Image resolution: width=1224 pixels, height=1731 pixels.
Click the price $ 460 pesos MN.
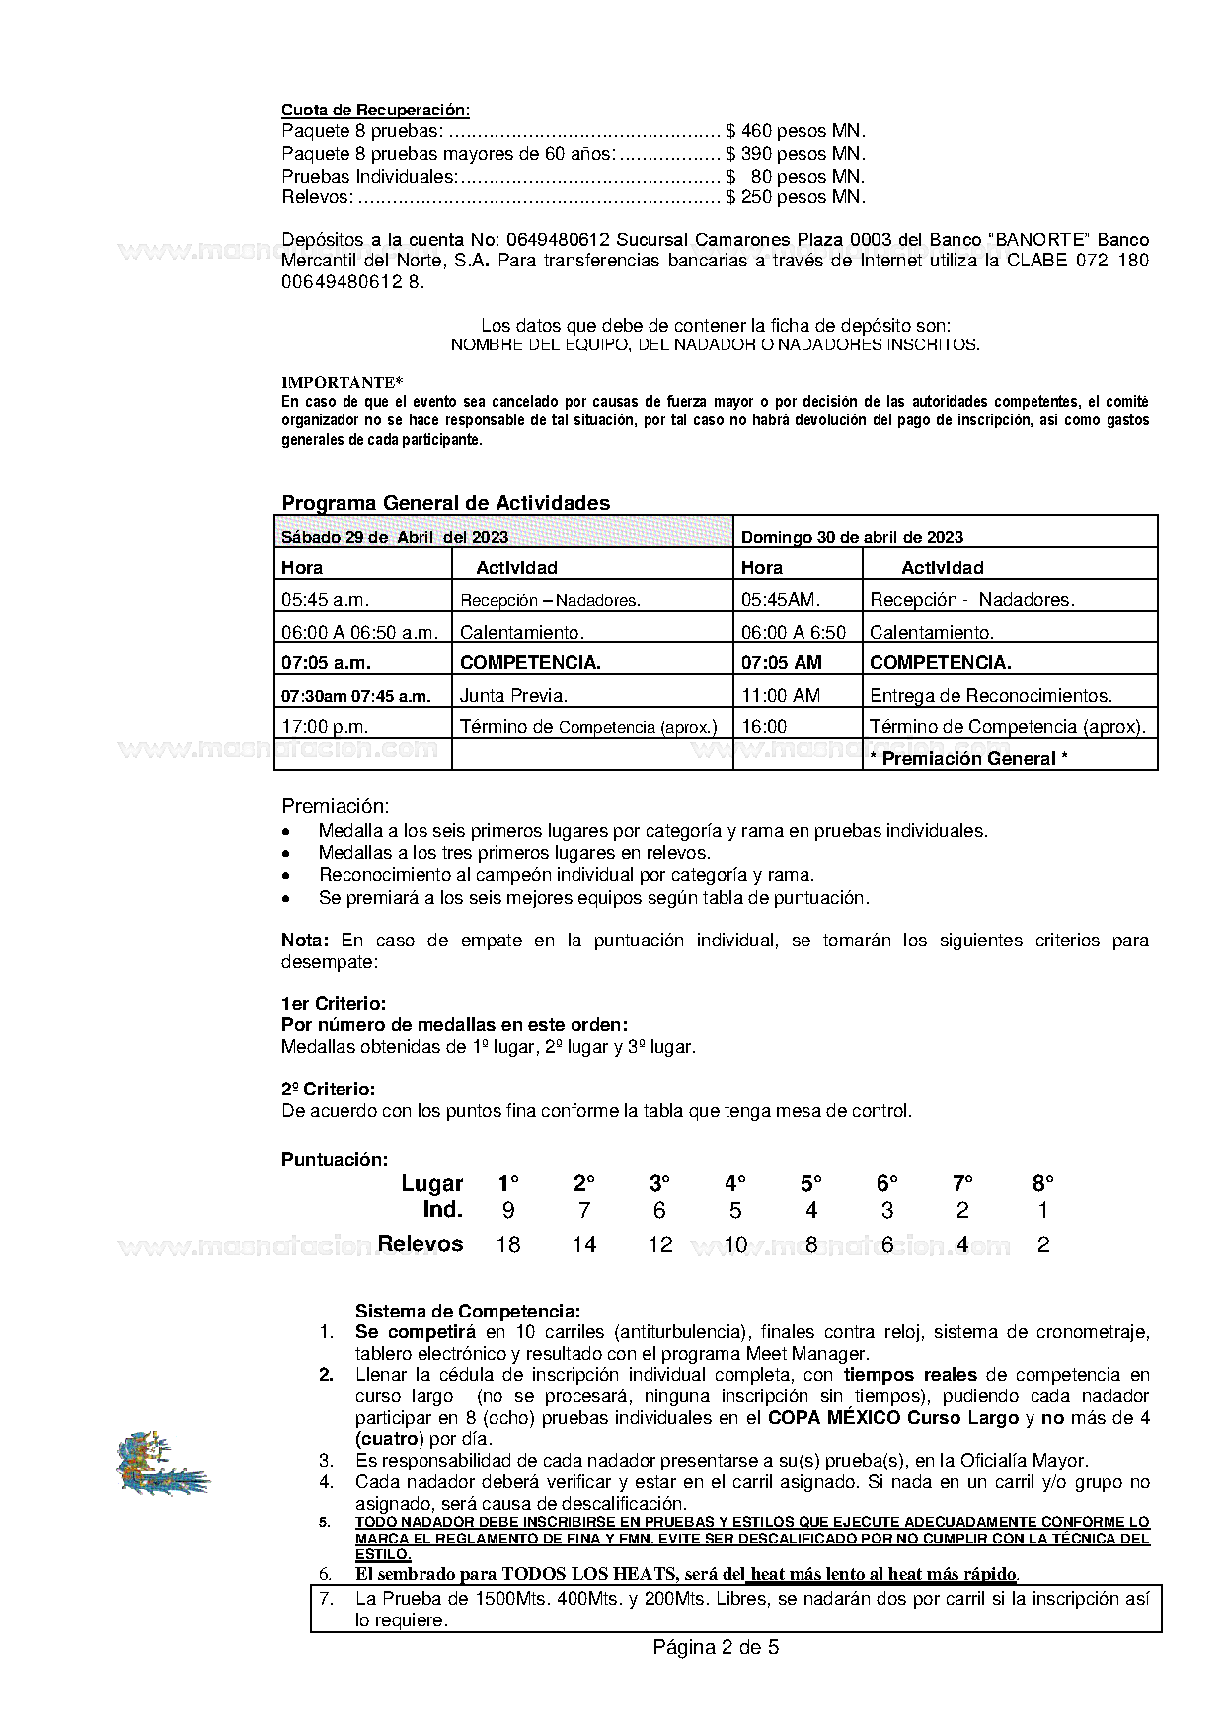795,131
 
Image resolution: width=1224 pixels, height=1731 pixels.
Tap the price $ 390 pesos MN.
795,154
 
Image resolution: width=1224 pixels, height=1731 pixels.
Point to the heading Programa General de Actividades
445,503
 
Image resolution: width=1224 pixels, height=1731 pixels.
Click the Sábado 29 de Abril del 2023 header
395,537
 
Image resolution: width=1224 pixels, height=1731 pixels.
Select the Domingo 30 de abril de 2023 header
852,537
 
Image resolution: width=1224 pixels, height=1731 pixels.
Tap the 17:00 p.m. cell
325,727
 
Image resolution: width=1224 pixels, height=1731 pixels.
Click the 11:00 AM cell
781,696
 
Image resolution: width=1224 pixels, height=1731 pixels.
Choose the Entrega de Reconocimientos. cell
990,696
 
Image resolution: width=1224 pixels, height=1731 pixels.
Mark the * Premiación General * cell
968,758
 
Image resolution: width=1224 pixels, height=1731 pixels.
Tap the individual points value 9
508,1211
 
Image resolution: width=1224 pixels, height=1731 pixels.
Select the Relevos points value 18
508,1244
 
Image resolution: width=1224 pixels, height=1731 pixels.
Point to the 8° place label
1043,1183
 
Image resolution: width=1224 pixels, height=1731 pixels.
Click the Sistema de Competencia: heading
468,1312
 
